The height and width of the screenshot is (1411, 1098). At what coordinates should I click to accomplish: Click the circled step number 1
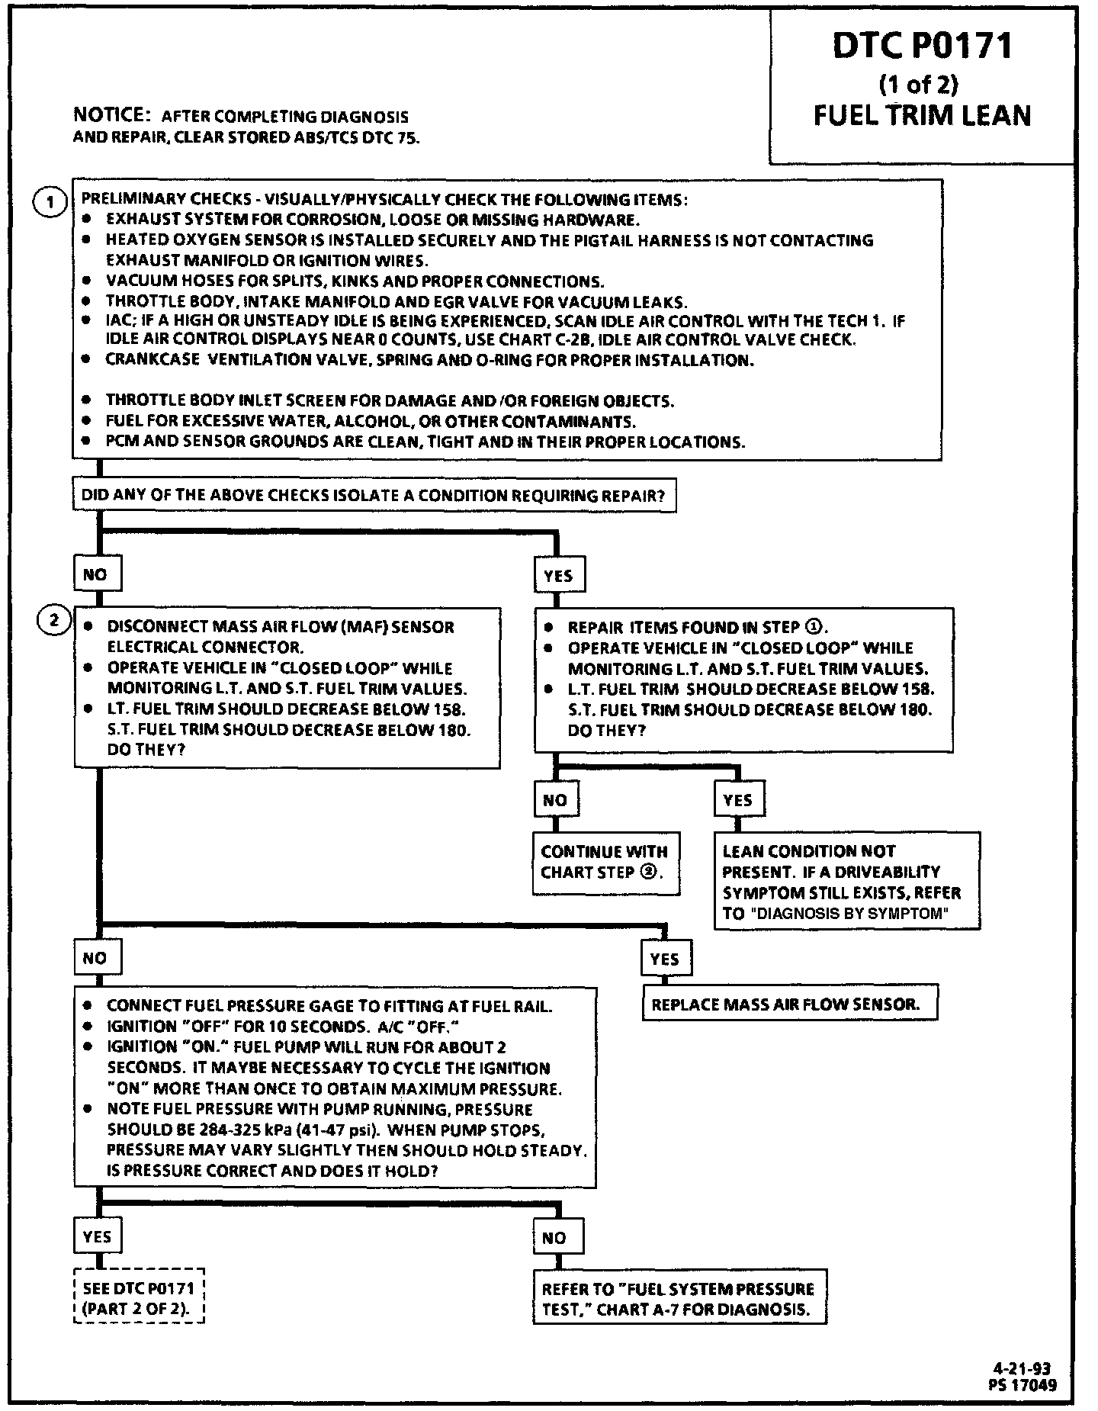click(x=51, y=201)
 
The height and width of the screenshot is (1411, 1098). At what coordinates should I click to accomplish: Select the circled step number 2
click(x=53, y=621)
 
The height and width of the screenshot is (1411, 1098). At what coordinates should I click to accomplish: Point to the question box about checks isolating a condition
click(x=374, y=496)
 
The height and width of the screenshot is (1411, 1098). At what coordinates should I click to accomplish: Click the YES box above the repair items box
click(x=558, y=576)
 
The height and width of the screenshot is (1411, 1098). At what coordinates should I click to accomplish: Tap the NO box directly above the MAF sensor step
click(x=95, y=574)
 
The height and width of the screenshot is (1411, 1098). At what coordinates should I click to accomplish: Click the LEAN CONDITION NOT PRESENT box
click(x=846, y=882)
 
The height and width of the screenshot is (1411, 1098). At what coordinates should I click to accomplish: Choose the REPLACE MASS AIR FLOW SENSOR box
click(x=788, y=1004)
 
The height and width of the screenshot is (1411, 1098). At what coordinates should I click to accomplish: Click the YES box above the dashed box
click(x=97, y=1236)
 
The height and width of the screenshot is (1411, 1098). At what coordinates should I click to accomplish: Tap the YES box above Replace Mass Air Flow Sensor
click(x=665, y=959)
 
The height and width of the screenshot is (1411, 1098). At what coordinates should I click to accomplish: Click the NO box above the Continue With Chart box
click(x=555, y=800)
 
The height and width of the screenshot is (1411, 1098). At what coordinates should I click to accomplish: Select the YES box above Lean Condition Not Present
click(x=737, y=800)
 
